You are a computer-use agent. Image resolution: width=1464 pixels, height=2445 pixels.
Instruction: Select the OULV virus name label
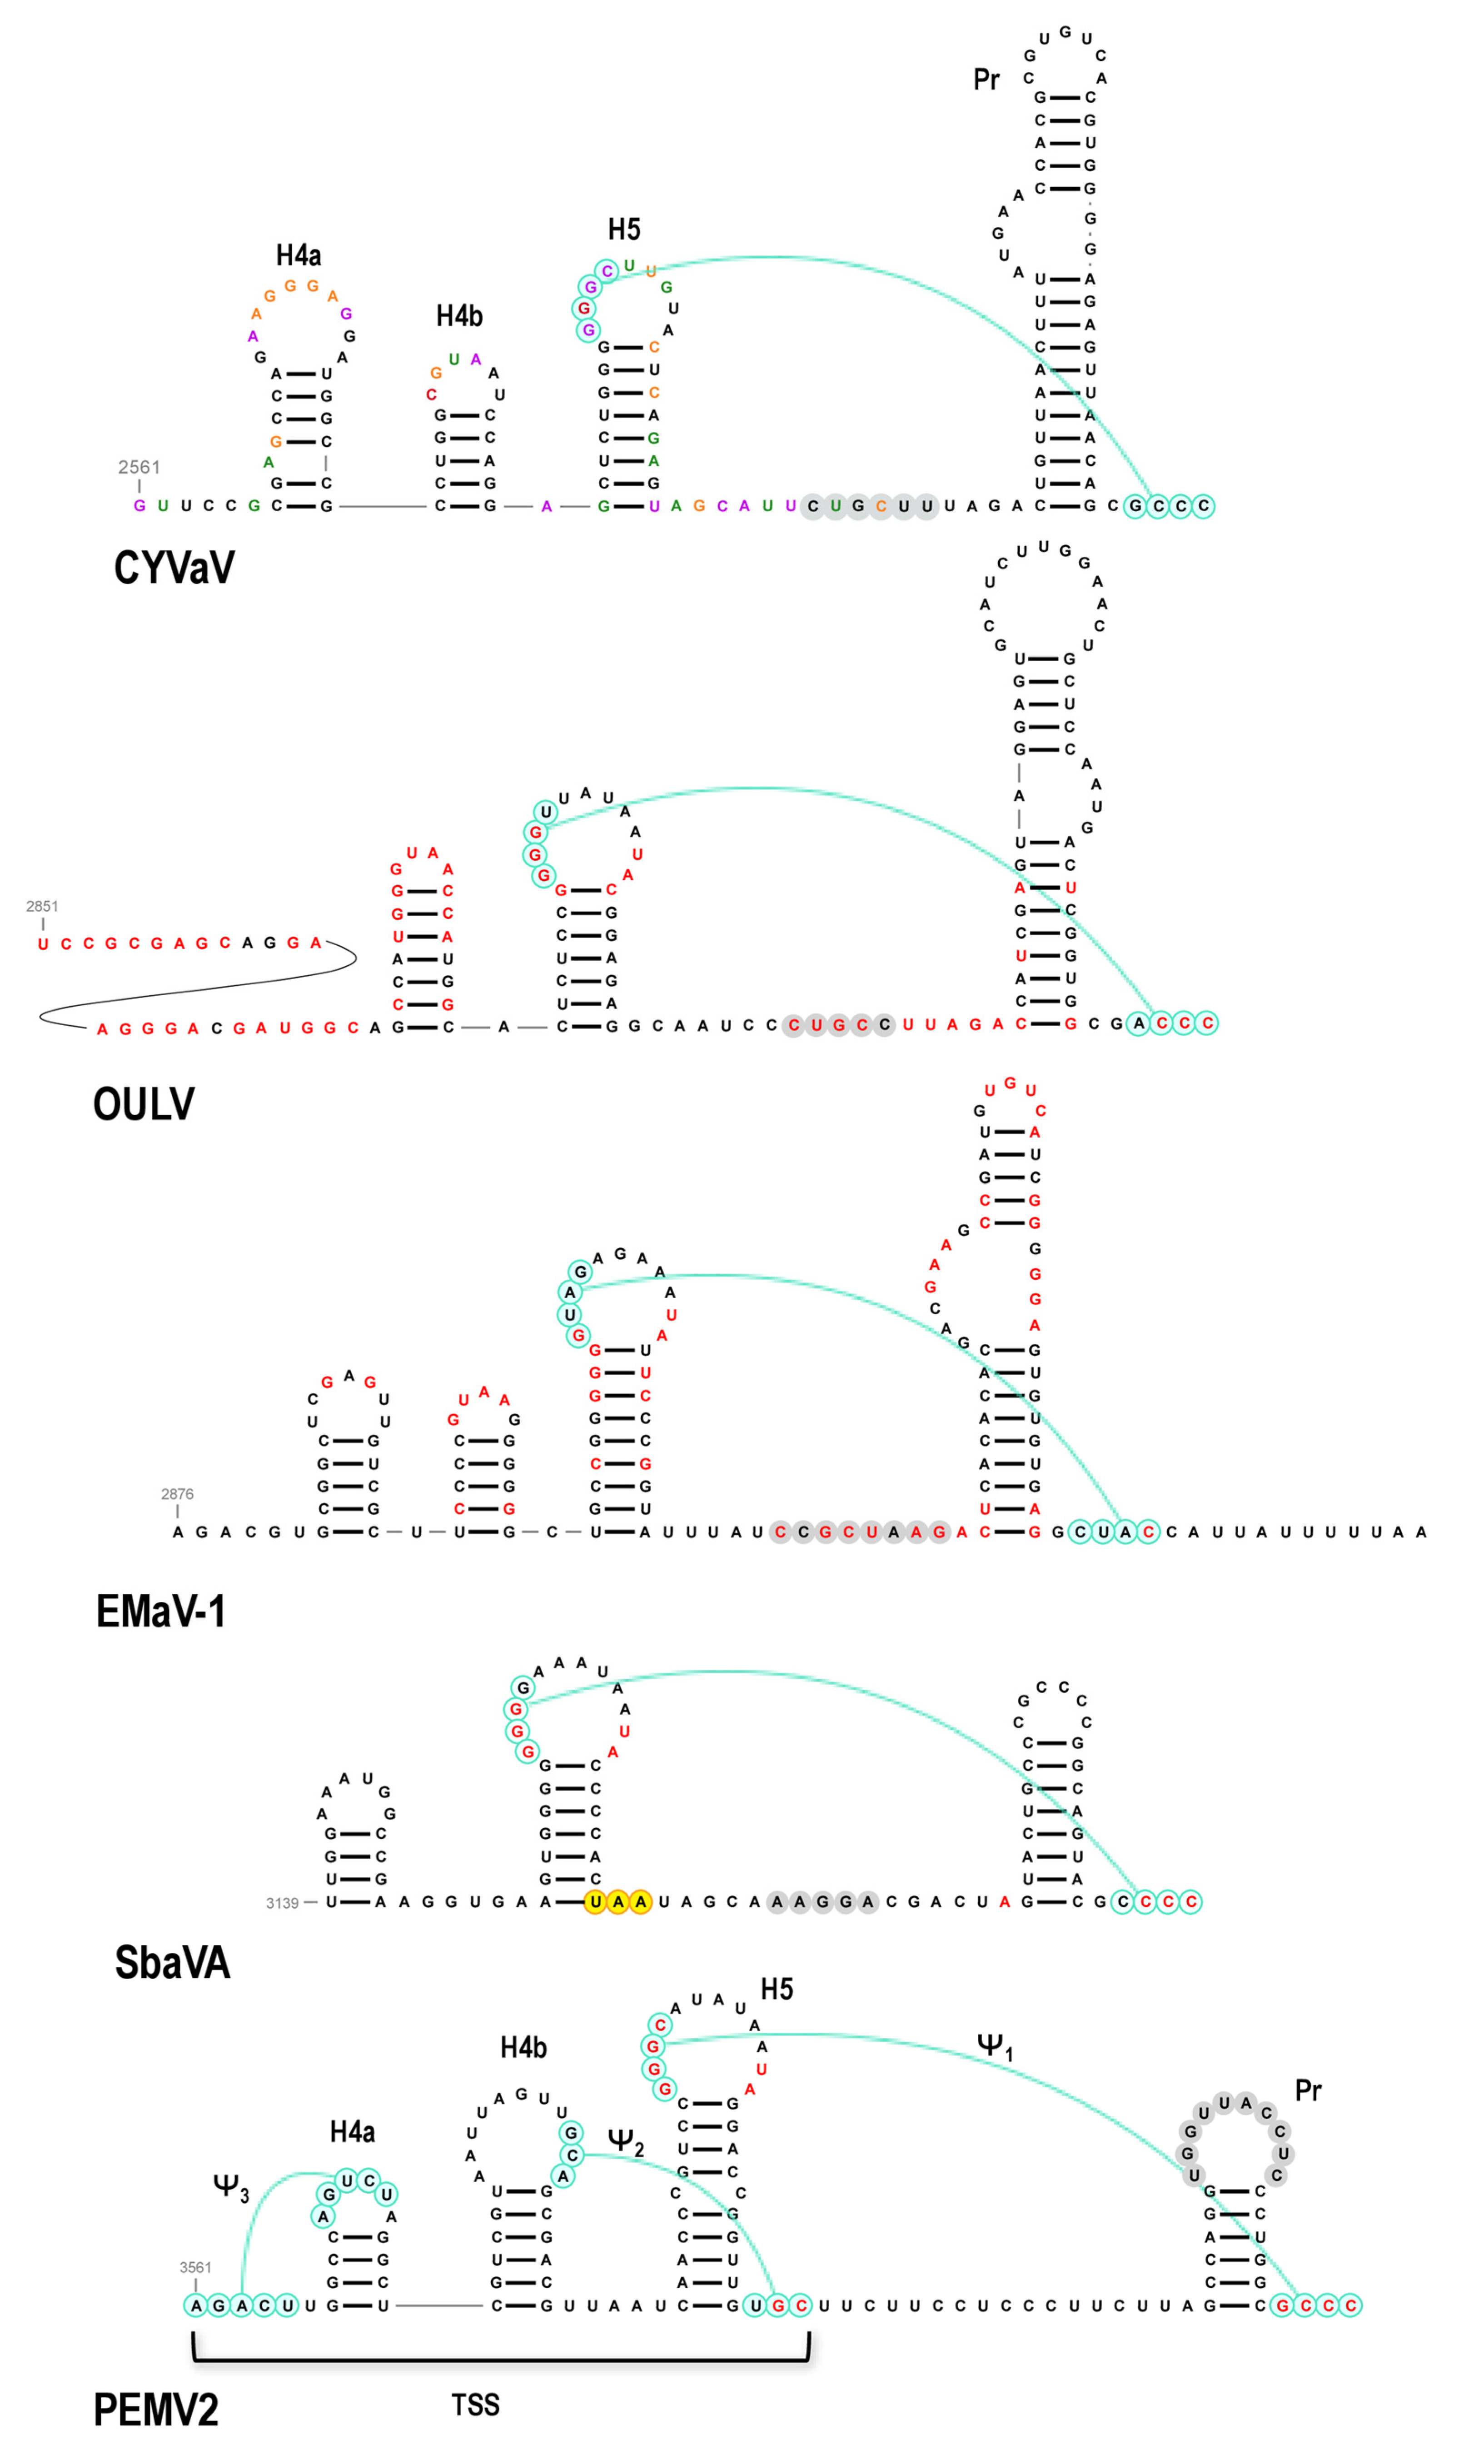point(144,1103)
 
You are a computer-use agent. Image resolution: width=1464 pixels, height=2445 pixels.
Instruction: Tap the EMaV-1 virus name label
point(161,1610)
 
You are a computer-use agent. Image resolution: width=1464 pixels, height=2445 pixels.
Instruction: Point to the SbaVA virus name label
point(173,1961)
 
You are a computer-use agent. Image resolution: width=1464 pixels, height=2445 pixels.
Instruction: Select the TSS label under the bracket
point(475,2405)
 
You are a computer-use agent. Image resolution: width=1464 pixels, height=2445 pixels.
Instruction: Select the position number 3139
point(282,1902)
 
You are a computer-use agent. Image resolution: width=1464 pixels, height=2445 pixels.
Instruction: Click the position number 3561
point(195,2267)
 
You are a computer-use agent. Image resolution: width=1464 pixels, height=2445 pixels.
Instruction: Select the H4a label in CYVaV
point(298,255)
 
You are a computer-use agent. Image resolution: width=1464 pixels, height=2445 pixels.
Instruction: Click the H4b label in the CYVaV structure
point(459,316)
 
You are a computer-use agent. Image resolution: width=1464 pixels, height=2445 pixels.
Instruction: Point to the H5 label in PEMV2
point(777,1989)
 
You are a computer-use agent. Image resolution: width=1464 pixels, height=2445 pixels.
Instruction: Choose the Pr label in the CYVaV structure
point(986,79)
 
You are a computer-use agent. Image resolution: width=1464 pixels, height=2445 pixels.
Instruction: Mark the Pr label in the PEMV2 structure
point(1308,2090)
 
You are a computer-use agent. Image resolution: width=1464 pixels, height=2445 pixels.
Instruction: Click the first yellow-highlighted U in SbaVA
point(595,1901)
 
